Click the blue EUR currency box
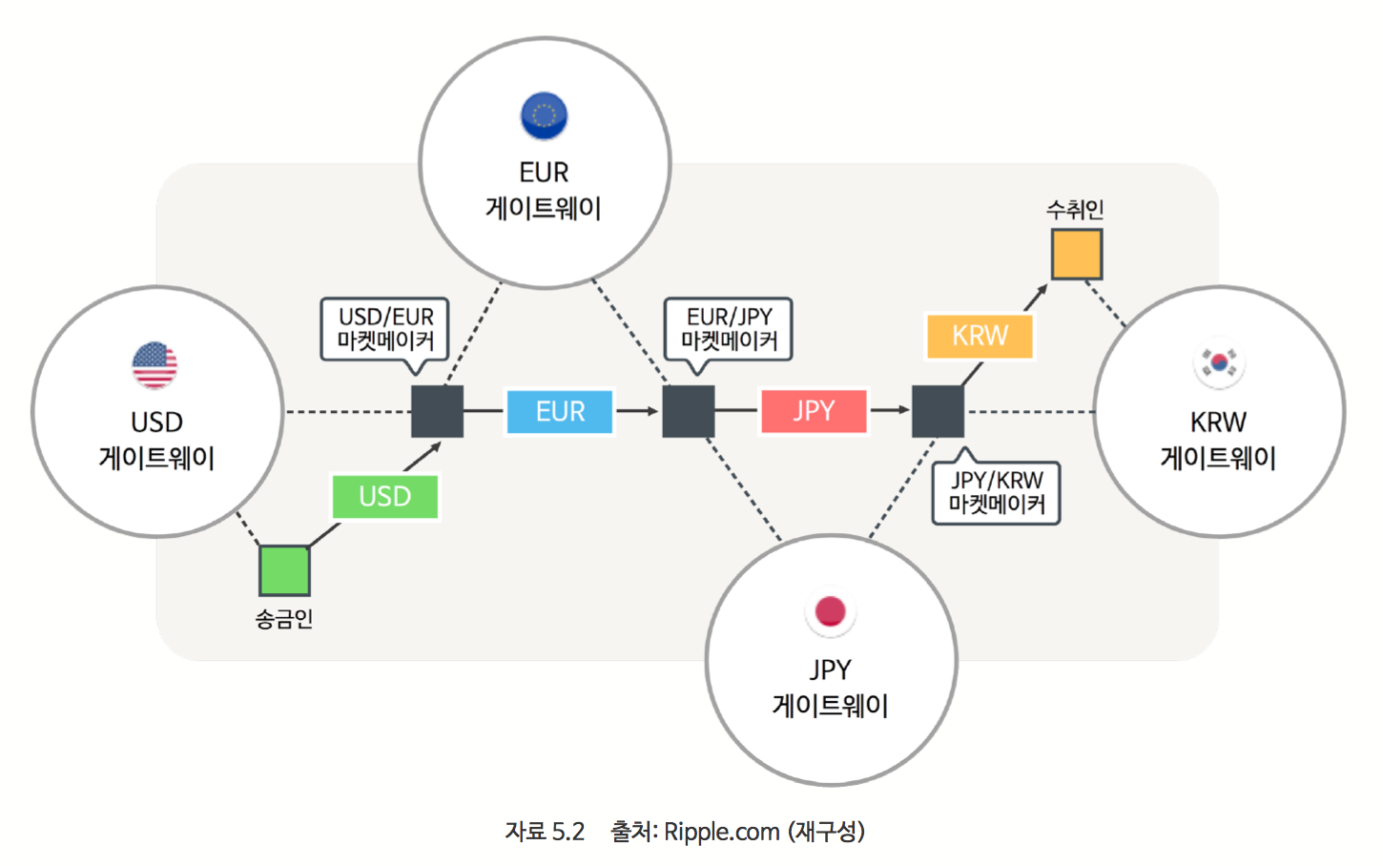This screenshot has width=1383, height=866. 559,411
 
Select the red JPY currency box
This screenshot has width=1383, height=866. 814,411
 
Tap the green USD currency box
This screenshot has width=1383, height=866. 385,496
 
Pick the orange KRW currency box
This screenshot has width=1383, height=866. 980,336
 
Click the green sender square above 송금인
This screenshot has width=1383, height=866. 284,570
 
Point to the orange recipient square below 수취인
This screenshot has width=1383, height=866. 1077,254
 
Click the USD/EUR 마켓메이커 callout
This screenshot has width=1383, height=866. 385,328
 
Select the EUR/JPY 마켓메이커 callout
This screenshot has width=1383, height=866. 729,328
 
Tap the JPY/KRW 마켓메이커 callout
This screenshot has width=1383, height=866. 996,492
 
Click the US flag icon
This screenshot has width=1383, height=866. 155,365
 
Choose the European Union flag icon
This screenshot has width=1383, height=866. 544,115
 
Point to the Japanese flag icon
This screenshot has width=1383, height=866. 831,611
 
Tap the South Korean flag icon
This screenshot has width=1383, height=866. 1219,362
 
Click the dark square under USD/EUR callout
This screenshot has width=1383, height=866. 437,411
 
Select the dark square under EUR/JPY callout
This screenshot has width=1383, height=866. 689,411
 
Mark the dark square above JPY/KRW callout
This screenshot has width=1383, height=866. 938,411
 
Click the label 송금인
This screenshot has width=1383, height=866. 284,619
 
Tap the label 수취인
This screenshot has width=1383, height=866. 1075,209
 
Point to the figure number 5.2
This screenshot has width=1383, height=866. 568,832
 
